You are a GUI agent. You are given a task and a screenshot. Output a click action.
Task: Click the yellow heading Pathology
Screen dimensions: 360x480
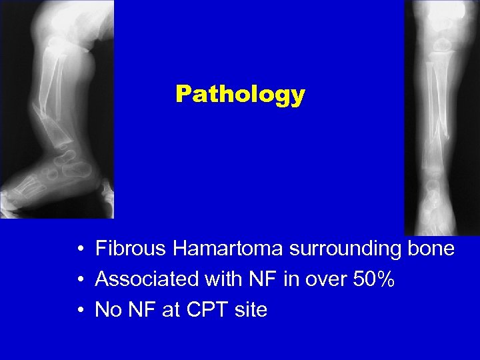click(x=240, y=94)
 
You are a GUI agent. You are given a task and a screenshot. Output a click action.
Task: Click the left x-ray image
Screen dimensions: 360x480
click(x=57, y=110)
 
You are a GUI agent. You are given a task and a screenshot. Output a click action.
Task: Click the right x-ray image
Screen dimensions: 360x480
click(x=442, y=117)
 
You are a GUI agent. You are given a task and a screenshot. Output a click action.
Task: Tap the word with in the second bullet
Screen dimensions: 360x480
click(x=220, y=279)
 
